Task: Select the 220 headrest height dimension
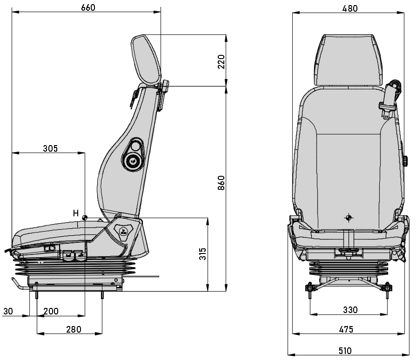221,61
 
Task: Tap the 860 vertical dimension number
221,183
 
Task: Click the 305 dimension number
50,149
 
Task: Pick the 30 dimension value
8,311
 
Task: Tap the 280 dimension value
74,329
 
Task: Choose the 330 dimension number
350,310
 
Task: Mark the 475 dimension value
345,329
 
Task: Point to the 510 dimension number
345,351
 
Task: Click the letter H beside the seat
75,213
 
